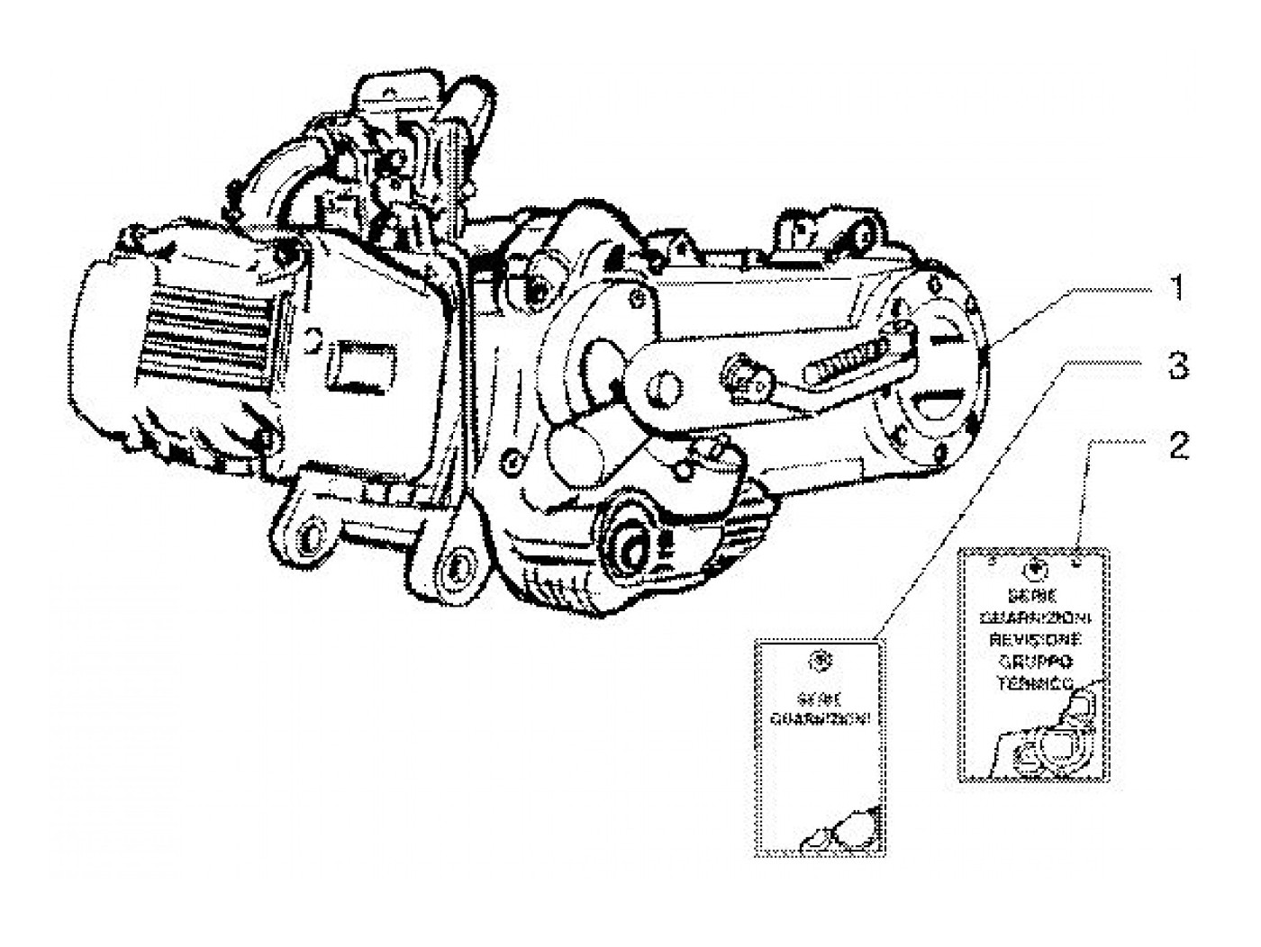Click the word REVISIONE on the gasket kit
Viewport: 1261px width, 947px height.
point(1034,639)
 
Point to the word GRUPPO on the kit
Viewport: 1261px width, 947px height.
point(1034,662)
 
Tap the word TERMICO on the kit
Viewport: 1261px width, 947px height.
point(1034,683)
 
